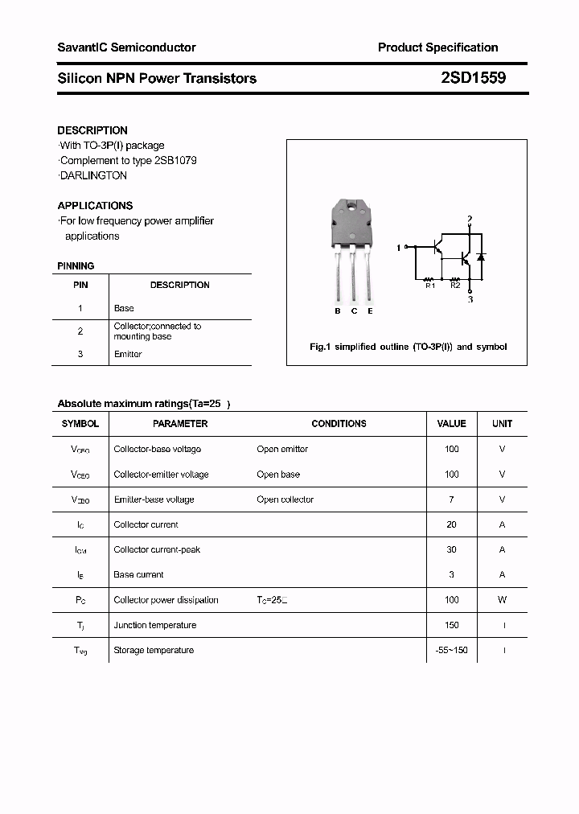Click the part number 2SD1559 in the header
pyautogui.click(x=473, y=78)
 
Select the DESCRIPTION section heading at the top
pyautogui.click(x=92, y=130)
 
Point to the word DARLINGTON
pyautogui.click(x=93, y=175)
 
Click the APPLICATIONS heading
pyautogui.click(x=95, y=205)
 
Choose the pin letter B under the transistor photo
pyautogui.click(x=338, y=311)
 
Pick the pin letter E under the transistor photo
pyautogui.click(x=370, y=311)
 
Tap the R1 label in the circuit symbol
pyautogui.click(x=429, y=285)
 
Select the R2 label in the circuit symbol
pyautogui.click(x=455, y=285)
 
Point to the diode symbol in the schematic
pyautogui.click(x=481, y=257)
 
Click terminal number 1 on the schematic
pyautogui.click(x=399, y=248)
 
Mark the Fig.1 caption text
pyautogui.click(x=409, y=347)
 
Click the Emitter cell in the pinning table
pyautogui.click(x=128, y=354)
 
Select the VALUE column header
pyautogui.click(x=451, y=424)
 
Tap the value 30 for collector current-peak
pyautogui.click(x=451, y=549)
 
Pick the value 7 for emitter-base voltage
pyautogui.click(x=451, y=499)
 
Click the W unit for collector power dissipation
pyautogui.click(x=502, y=599)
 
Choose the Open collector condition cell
pyautogui.click(x=285, y=499)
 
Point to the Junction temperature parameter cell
pyautogui.click(x=155, y=625)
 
